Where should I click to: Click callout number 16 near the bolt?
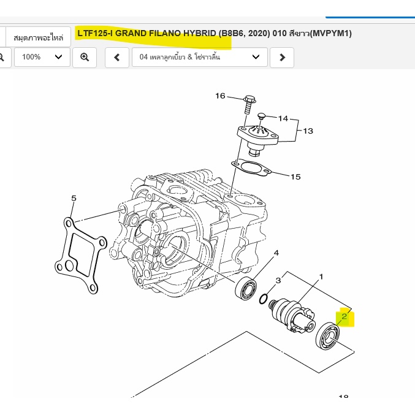220,96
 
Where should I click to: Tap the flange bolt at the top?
249,105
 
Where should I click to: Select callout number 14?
283,118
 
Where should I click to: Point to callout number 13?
308,131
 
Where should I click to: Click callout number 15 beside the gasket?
295,177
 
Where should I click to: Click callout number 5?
74,198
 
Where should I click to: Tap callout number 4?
276,253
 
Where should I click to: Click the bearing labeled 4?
246,289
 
